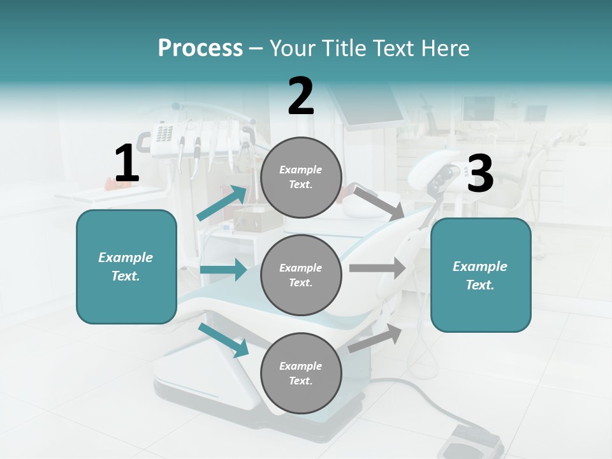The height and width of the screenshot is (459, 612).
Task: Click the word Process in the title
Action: coord(200,48)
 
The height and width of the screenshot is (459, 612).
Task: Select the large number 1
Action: coord(127,164)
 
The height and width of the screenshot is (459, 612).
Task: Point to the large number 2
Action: coord(301,97)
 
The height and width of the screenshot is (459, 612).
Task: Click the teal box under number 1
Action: coord(126,266)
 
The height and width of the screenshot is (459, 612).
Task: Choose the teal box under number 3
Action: coord(481,275)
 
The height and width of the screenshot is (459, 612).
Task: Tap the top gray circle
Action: coord(301,177)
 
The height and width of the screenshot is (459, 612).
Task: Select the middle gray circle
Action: coord(301,275)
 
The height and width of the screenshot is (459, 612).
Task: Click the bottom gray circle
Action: coord(301,373)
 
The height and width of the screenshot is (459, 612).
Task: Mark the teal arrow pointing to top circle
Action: coord(222,203)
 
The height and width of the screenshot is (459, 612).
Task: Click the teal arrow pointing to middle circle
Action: coord(223,270)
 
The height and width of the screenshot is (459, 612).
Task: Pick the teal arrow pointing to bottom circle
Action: coord(224,340)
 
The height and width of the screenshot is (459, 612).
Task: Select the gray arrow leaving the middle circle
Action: coord(377,268)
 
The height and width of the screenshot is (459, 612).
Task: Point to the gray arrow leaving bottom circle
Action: coord(375,337)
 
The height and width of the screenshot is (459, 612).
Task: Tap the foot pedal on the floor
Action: coord(476,440)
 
